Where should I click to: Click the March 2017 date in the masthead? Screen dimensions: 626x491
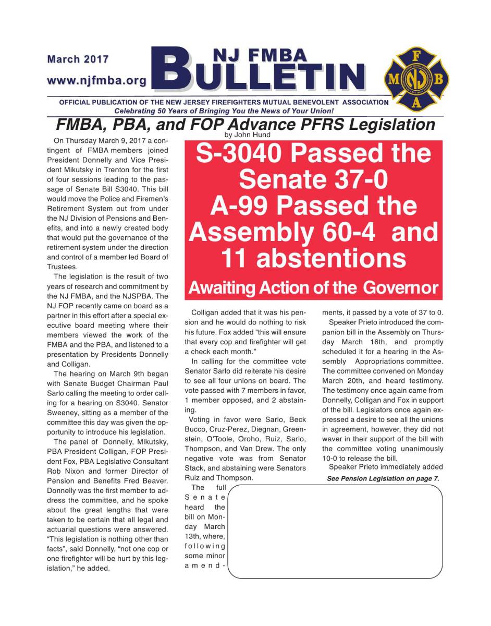(78, 59)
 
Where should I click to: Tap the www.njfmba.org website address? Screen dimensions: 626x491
(96, 81)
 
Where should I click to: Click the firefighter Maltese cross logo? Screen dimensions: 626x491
(415, 79)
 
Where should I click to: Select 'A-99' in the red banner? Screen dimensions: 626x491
(239, 206)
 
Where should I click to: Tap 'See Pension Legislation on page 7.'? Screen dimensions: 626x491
(383, 478)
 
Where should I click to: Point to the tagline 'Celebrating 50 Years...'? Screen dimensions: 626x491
(224, 111)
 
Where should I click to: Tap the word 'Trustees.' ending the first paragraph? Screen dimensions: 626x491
(62, 266)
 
